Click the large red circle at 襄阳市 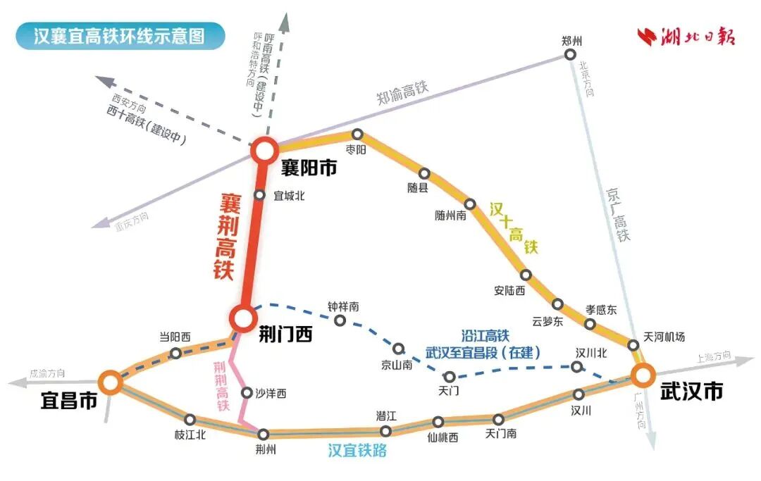[266, 149]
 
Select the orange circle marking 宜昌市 [110, 382]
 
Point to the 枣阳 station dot [357, 134]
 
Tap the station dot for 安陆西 [526, 275]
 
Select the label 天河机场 [664, 337]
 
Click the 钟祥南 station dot [340, 320]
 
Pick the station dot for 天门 [449, 377]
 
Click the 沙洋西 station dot [247, 392]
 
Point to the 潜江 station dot [385, 431]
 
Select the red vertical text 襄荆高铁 [225, 238]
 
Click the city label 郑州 [572, 40]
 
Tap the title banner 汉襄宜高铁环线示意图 [120, 35]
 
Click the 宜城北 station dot [259, 195]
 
